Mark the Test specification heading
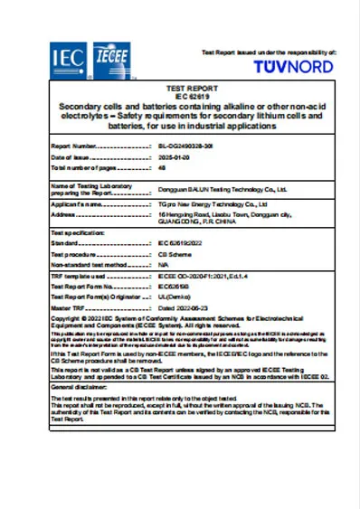tap(78, 233)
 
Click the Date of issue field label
tap(71, 156)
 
